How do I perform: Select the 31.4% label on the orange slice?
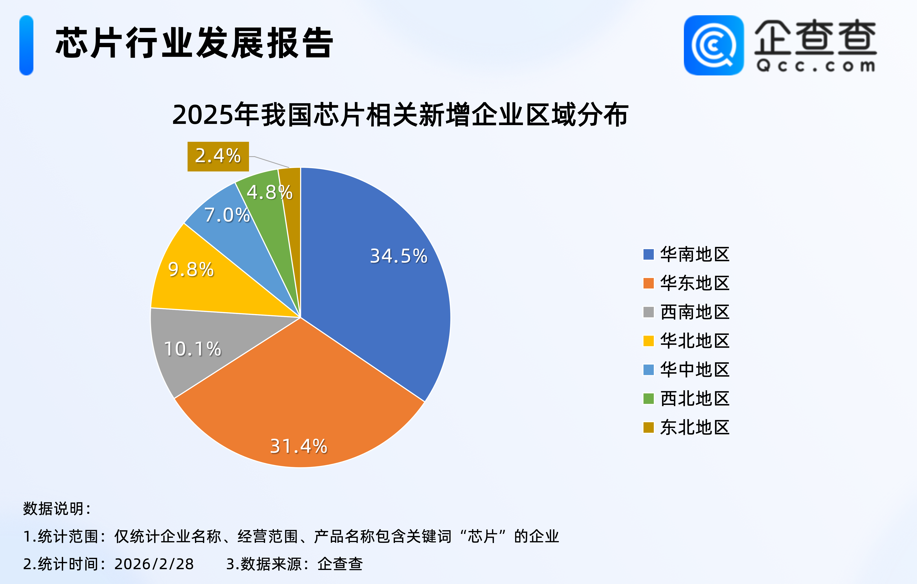click(299, 446)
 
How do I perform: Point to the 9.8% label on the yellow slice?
click(191, 270)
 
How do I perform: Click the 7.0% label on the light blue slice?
click(227, 215)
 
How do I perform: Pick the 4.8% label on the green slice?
click(269, 192)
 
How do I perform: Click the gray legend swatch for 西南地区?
click(648, 312)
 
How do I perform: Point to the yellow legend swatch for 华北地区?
click(648, 341)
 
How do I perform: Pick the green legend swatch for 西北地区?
click(648, 399)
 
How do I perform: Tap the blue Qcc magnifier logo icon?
click(713, 45)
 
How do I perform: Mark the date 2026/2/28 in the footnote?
click(154, 564)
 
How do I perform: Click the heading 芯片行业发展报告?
click(194, 43)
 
